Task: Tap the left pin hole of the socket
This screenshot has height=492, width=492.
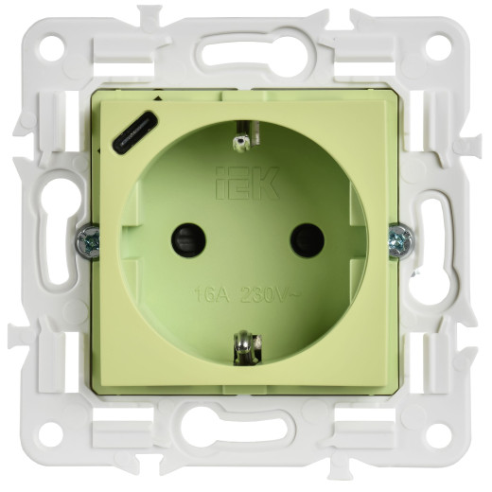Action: coord(188,240)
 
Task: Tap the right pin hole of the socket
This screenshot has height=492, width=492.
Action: coord(307,240)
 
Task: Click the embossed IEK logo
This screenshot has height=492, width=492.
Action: coord(247,184)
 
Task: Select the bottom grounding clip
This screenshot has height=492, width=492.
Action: coord(247,347)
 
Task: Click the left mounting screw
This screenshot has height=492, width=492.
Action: coord(88,241)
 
